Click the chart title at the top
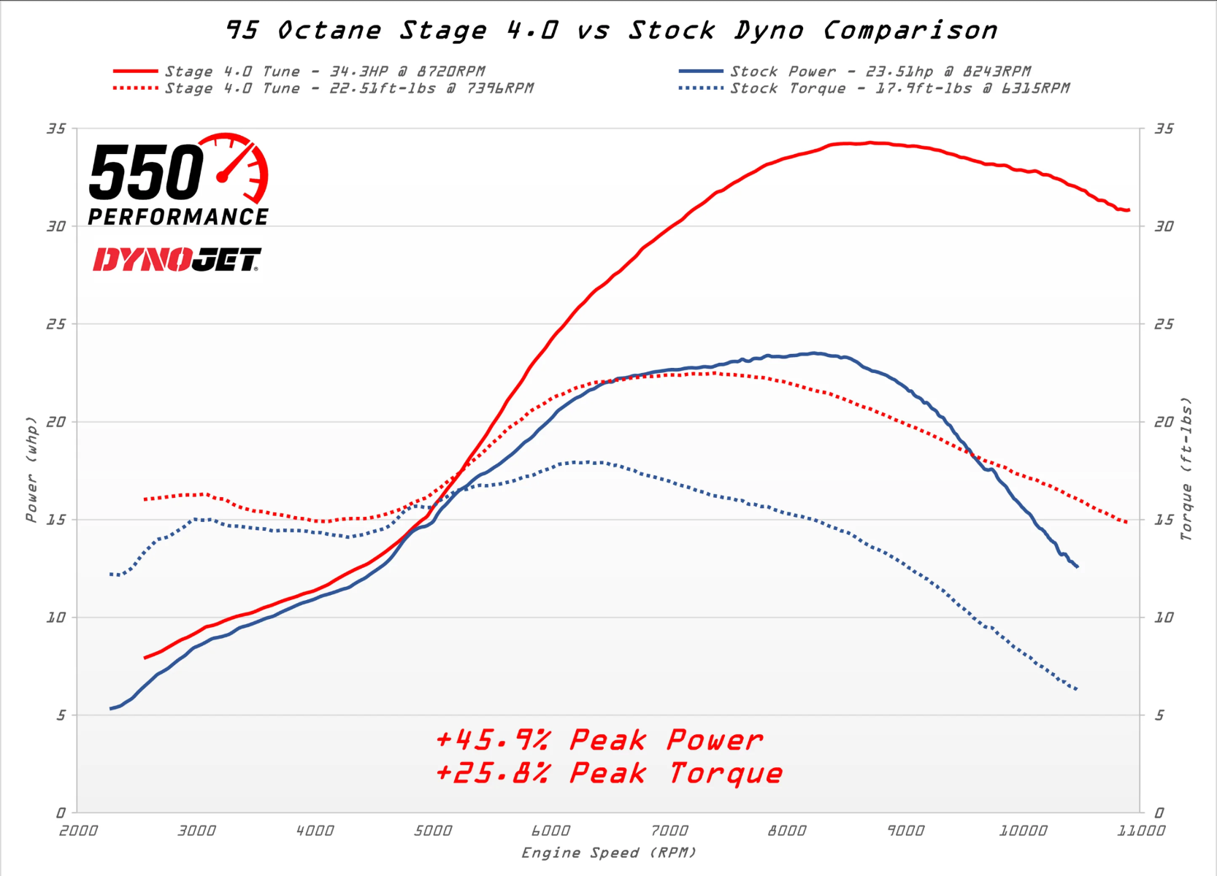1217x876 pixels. pyautogui.click(x=611, y=31)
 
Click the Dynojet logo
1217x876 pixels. pyautogui.click(x=177, y=260)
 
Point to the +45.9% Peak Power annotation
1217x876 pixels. pyautogui.click(x=599, y=740)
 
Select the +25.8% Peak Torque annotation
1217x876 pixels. pyautogui.click(x=609, y=773)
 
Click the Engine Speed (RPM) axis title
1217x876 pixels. pyautogui.click(x=608, y=853)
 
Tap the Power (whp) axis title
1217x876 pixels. pyautogui.click(x=31, y=469)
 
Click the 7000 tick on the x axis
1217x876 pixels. pyautogui.click(x=669, y=831)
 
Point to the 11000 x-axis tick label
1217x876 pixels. pyautogui.click(x=1141, y=831)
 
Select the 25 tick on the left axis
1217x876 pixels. pyautogui.click(x=55, y=324)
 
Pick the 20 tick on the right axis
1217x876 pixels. pyautogui.click(x=1164, y=422)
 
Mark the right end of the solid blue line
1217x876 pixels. pyautogui.click(x=1078, y=566)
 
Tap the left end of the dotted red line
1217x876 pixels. pyautogui.click(x=145, y=499)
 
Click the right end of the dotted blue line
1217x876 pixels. pyautogui.click(x=1078, y=689)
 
